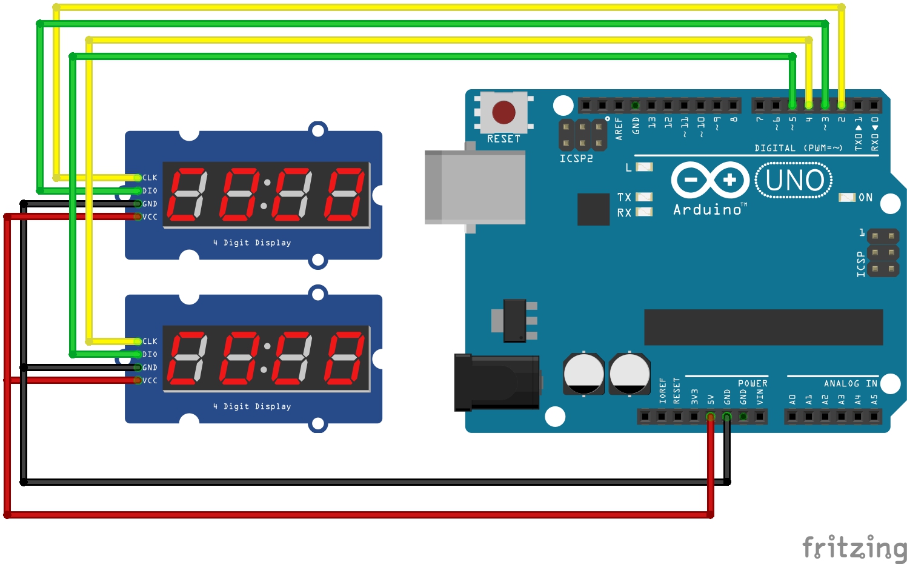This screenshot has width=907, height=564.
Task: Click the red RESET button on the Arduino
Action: (x=503, y=112)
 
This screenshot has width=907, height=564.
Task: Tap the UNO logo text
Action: (x=794, y=180)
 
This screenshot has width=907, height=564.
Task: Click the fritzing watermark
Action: (x=854, y=548)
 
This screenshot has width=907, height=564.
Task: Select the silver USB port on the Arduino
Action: (x=474, y=187)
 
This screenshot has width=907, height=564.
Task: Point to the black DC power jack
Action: (x=496, y=383)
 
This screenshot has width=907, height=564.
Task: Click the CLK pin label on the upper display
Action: (x=150, y=178)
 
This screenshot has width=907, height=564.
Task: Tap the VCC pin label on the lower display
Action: (x=150, y=381)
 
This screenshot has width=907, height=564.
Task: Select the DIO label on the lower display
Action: (x=150, y=355)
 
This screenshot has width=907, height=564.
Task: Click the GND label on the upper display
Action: (x=150, y=204)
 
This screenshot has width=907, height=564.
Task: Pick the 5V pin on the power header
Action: (x=710, y=417)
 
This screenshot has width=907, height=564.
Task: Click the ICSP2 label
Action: (x=576, y=158)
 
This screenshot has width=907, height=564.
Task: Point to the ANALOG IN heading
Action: (x=850, y=383)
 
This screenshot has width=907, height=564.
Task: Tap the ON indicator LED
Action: (x=846, y=197)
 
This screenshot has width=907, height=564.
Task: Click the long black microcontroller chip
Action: (x=763, y=327)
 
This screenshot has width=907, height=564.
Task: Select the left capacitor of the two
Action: (x=583, y=374)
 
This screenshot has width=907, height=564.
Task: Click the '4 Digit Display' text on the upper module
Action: (x=252, y=243)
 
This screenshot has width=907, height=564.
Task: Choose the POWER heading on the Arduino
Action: (x=753, y=383)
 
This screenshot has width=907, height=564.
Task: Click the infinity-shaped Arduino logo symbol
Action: (x=710, y=180)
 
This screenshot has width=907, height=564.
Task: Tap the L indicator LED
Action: (x=644, y=167)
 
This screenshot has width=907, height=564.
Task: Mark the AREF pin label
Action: (x=619, y=129)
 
